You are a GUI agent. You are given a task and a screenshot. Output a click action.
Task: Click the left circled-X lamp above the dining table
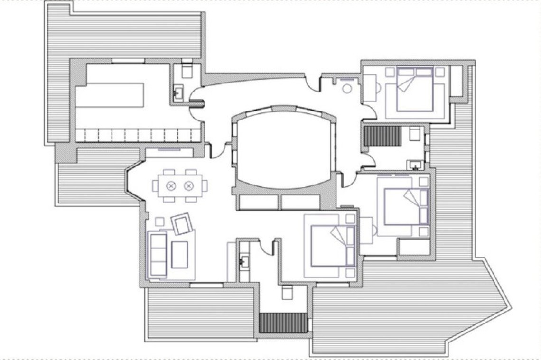click(171, 186)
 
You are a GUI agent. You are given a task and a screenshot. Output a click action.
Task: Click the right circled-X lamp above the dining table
click(189, 186)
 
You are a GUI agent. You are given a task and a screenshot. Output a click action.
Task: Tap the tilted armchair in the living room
click(182, 224)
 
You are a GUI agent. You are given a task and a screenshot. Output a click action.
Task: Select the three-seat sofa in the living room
click(158, 254)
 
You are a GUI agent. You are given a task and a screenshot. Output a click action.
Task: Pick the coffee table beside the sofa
click(179, 255)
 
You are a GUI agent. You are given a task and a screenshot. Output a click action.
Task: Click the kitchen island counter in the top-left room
click(110, 95)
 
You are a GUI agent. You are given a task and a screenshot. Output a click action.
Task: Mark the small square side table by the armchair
click(160, 222)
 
